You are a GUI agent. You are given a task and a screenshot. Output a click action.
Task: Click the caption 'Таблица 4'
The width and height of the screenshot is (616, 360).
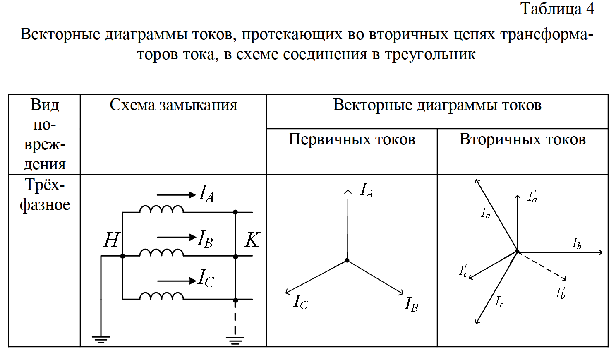click(557, 9)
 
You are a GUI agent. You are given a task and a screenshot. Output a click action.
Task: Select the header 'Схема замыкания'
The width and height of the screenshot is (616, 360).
click(173, 105)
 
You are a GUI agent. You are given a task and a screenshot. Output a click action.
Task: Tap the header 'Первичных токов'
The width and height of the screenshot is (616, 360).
click(352, 139)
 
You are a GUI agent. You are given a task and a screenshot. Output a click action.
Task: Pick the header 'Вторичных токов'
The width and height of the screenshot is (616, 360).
click(523, 139)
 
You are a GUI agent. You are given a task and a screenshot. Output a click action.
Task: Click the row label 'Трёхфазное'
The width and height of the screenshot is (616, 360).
click(45, 195)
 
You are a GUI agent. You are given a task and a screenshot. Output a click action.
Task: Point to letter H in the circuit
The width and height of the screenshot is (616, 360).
click(111, 240)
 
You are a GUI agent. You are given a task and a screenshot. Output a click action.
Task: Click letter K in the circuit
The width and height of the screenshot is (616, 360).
click(252, 240)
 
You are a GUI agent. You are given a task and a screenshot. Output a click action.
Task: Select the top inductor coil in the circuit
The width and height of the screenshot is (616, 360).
click(162, 209)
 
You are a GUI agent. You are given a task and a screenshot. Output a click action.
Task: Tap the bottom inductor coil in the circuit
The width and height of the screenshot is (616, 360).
click(162, 295)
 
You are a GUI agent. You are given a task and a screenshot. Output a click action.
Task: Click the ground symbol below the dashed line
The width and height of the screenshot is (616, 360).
click(235, 341)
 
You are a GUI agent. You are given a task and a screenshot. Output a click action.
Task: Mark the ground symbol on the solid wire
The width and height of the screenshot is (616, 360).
click(101, 340)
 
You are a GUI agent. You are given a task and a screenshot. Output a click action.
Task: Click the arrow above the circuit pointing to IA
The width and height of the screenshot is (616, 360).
click(176, 195)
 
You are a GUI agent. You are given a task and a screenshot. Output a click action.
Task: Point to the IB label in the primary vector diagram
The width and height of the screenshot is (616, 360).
click(411, 304)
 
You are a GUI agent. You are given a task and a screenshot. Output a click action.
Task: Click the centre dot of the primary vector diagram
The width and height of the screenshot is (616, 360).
click(347, 260)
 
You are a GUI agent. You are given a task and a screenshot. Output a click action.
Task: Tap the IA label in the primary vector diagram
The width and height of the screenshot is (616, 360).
click(367, 190)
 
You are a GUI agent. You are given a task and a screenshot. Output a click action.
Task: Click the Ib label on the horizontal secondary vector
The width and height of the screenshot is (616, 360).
click(577, 243)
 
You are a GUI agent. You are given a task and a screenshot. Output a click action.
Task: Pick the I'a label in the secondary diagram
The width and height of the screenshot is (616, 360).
click(532, 197)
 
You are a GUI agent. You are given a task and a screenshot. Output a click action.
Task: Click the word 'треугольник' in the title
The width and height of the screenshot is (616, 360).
click(430, 54)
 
